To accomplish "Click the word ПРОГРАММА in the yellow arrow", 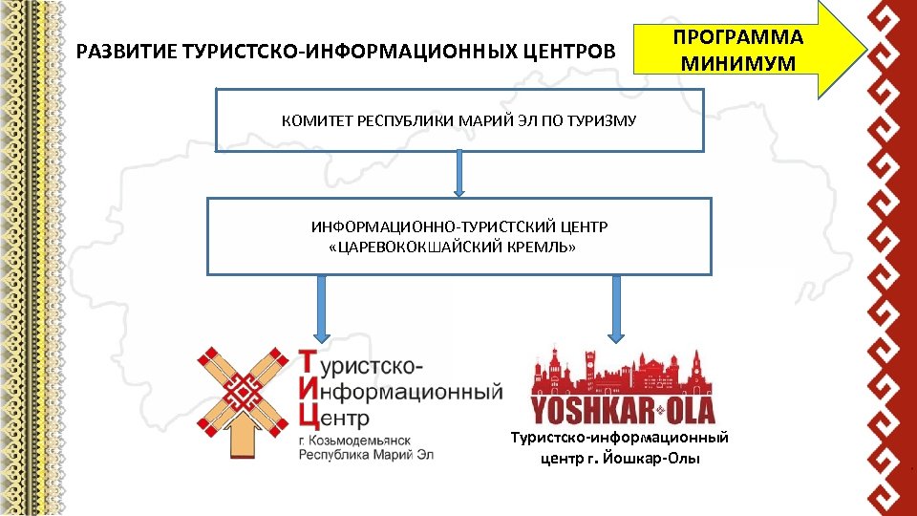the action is coord(738,38).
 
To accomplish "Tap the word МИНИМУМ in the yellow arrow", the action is coord(738,65).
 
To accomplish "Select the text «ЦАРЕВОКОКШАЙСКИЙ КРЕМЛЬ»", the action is coord(452,247).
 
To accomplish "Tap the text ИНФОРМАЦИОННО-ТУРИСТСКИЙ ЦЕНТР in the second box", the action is coord(458,227).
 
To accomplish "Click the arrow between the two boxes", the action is coord(459,174).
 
